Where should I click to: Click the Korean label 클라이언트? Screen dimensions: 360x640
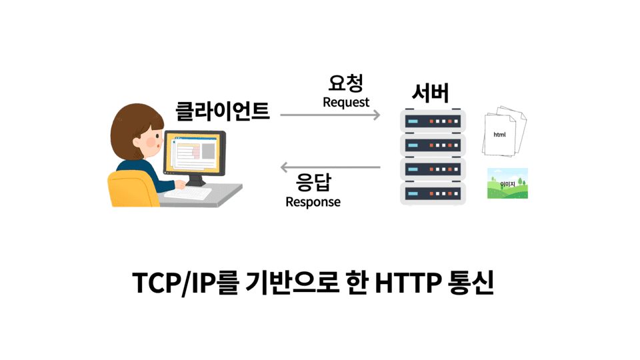pyautogui.click(x=223, y=110)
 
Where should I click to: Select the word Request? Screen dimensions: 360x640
pyautogui.click(x=345, y=103)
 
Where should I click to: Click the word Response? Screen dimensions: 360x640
pyautogui.click(x=313, y=202)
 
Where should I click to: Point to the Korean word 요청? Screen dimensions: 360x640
pyautogui.click(x=345, y=83)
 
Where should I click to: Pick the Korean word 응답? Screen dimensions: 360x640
pyautogui.click(x=313, y=182)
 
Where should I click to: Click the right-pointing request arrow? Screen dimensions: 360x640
pyautogui.click(x=330, y=115)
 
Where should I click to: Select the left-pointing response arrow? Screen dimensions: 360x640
pyautogui.click(x=330, y=167)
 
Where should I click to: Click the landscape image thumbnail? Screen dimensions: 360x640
pyautogui.click(x=507, y=183)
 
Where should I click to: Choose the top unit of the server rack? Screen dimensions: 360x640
pyautogui.click(x=431, y=121)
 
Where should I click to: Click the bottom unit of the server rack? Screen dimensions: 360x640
pyautogui.click(x=431, y=194)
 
